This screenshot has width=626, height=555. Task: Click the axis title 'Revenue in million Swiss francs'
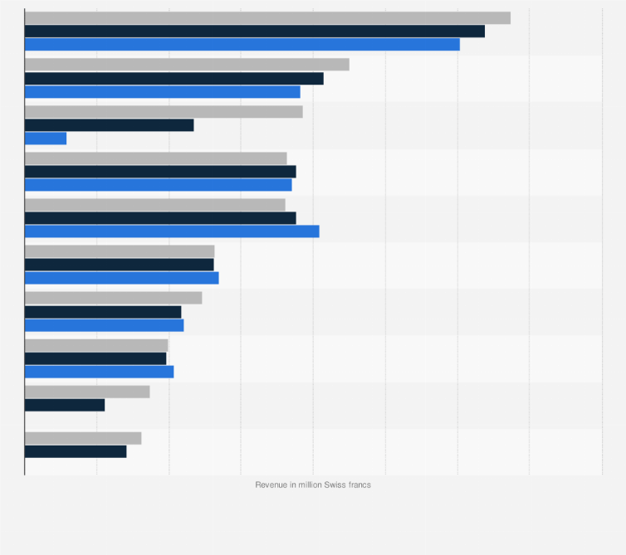point(313,484)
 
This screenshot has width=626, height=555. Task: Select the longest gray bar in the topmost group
point(267,18)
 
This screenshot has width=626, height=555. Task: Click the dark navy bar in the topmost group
point(254,32)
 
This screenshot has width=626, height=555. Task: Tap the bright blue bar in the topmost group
point(242,45)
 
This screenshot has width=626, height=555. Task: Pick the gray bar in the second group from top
point(187,65)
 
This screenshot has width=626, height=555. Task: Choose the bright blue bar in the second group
point(162,92)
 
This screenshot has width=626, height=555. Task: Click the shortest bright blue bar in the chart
point(46,139)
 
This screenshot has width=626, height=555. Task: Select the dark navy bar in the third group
point(109,125)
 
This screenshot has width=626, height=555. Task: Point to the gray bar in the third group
point(164,112)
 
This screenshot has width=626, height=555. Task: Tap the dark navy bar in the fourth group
point(160,172)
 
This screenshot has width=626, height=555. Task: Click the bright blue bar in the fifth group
point(172,231)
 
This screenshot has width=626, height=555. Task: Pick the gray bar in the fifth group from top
point(154,205)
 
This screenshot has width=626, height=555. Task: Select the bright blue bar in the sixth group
point(121,278)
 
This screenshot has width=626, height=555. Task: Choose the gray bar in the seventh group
point(113,298)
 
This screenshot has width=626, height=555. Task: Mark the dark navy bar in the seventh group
point(103,312)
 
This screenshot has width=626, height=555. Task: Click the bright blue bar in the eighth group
point(99,372)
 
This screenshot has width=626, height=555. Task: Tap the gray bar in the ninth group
point(87,392)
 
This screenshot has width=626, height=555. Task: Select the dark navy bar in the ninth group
point(65,405)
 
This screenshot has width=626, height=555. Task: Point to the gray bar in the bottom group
point(83,438)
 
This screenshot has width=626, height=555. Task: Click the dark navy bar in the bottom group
point(76,451)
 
